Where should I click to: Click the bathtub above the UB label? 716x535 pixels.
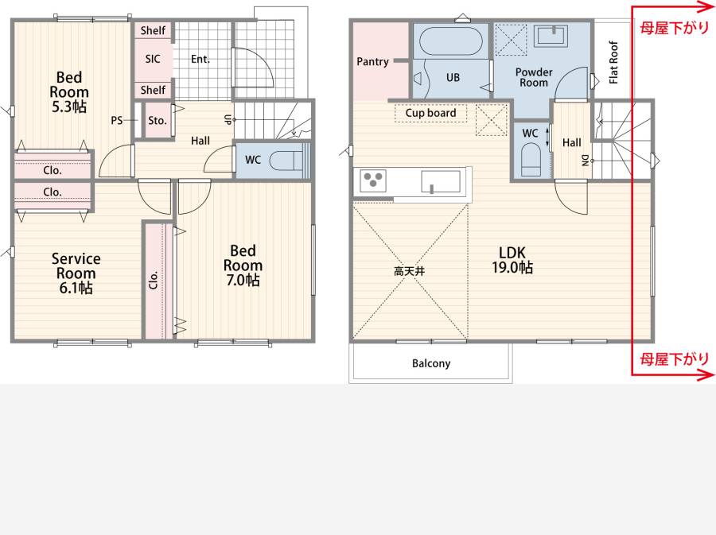tap(450, 41)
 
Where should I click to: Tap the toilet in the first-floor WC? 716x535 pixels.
tap(286, 160)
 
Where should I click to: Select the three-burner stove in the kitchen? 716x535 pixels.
tap(373, 180)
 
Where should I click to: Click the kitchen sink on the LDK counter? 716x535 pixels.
tap(440, 181)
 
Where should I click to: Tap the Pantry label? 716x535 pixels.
tap(372, 61)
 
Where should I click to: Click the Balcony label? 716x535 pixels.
tap(431, 363)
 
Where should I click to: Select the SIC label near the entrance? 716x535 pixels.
tap(153, 59)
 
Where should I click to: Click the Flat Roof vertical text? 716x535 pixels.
tap(613, 63)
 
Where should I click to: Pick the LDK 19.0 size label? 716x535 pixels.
tap(512, 260)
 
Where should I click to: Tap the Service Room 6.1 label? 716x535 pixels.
tap(76, 273)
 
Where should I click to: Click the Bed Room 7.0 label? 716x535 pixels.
tap(243, 265)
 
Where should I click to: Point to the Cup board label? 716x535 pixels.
tap(430, 113)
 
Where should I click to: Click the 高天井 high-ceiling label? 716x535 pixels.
tap(409, 271)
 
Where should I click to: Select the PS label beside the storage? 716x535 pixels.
tap(116, 120)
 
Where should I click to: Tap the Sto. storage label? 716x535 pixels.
tap(157, 120)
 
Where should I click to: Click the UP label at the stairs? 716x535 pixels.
tap(227, 119)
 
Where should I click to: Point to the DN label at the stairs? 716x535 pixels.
tap(585, 161)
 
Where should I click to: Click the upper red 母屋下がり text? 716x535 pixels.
tap(674, 28)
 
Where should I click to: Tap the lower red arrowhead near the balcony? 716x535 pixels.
tap(707, 375)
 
